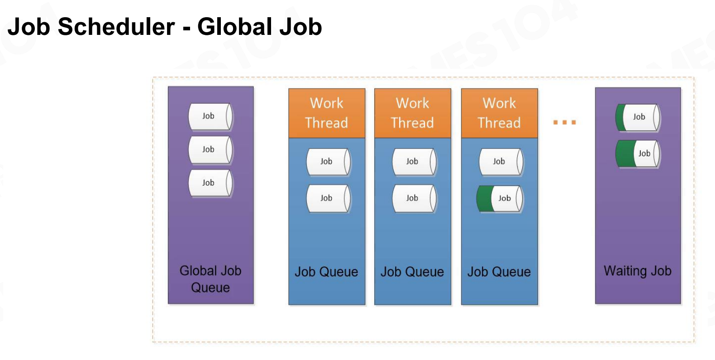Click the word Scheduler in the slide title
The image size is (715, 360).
click(116, 27)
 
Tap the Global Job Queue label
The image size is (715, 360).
click(210, 279)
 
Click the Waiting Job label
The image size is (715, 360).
click(638, 271)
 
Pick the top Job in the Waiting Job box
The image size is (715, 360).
click(638, 117)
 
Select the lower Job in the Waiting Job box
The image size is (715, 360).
click(638, 154)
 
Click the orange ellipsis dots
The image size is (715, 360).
click(565, 122)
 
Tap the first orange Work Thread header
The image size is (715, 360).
click(327, 113)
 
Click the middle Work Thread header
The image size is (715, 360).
click(413, 113)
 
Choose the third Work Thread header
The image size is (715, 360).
click(500, 113)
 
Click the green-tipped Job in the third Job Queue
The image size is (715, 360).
click(500, 199)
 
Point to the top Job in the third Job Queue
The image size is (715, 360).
click(501, 162)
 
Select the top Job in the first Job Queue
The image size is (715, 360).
click(329, 162)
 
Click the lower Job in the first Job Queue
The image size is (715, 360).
click(329, 198)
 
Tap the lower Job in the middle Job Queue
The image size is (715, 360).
click(415, 198)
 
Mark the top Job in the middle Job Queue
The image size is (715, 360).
click(415, 162)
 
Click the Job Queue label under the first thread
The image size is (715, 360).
click(326, 272)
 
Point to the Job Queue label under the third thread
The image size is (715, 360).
click(499, 272)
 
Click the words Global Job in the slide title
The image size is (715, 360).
click(259, 27)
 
